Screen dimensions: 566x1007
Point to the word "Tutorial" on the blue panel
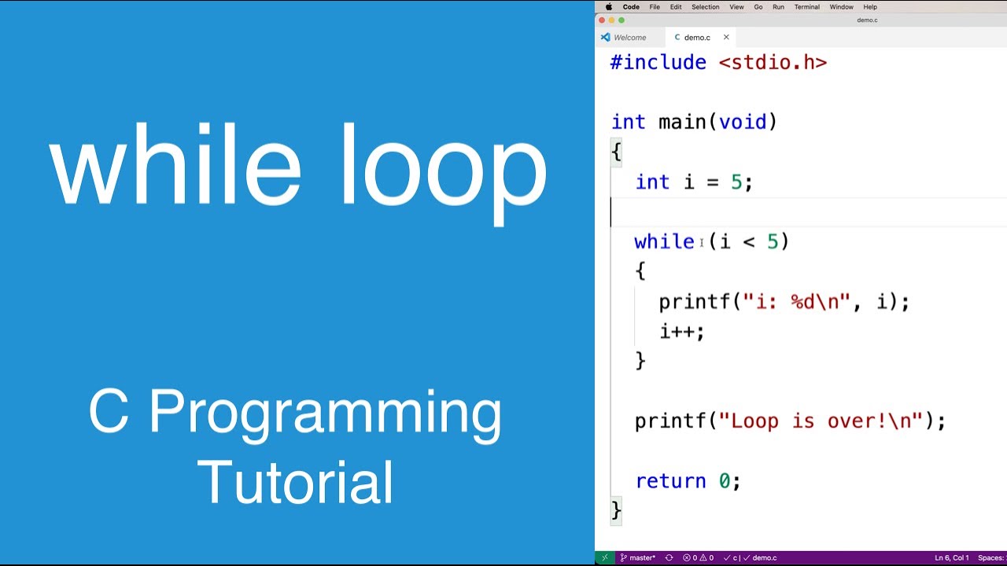pos(295,482)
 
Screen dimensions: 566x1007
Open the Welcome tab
pos(629,38)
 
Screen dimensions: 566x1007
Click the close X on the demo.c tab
pos(726,37)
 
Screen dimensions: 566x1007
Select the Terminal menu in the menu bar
pos(806,7)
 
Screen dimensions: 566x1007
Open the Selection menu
pos(705,7)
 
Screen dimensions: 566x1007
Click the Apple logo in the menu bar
pos(608,7)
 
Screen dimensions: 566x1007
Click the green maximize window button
pos(622,20)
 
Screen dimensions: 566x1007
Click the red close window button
pos(602,20)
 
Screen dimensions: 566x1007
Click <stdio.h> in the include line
pos(773,62)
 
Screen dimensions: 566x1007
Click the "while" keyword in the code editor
pos(664,241)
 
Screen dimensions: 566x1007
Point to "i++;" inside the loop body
pos(681,331)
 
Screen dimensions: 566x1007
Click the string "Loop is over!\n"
pos(821,421)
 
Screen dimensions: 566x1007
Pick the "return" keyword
pos(670,480)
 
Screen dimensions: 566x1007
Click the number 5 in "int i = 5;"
pos(736,182)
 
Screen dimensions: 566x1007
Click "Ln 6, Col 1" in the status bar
pos(951,558)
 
